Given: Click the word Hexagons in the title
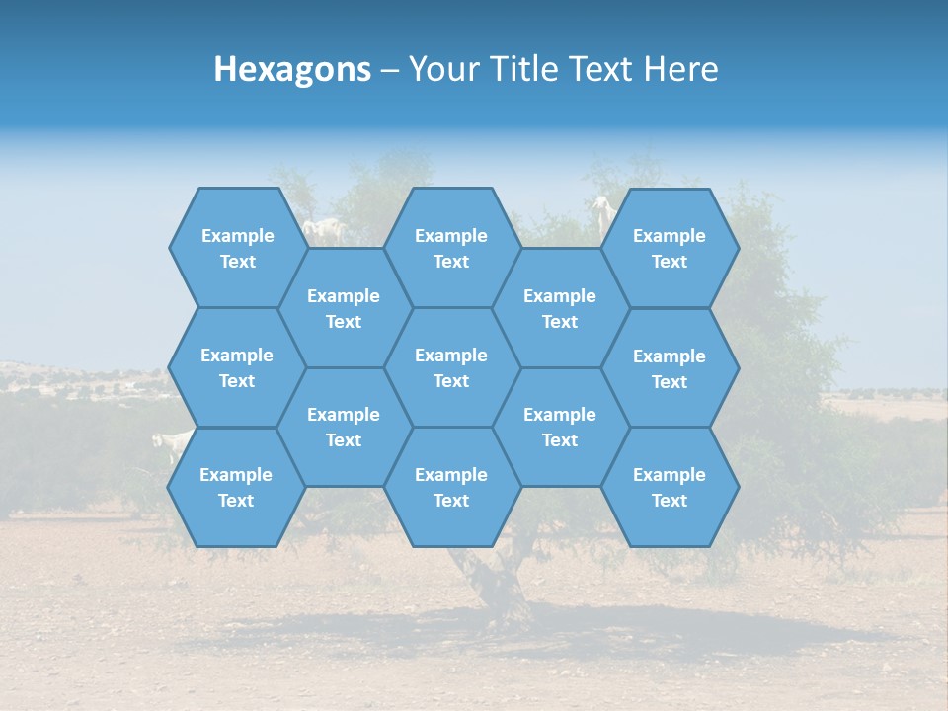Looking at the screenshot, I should [x=292, y=69].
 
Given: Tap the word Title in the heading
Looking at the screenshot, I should [x=521, y=69].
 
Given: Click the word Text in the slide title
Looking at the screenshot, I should [x=601, y=69].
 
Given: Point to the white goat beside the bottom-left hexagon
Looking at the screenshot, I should [x=173, y=444].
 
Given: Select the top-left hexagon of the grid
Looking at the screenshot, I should [x=238, y=248].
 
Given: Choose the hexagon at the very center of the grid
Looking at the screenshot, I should [x=451, y=367].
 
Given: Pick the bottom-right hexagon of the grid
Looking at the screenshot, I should [x=670, y=487].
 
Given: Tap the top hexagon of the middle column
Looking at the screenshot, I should [x=451, y=248].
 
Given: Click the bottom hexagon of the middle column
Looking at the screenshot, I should [x=451, y=487].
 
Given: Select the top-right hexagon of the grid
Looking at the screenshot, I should [x=670, y=248].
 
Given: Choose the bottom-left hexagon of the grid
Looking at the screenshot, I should [x=237, y=487].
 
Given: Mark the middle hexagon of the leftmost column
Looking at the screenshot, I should [x=237, y=367].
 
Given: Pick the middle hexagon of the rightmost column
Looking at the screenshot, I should [x=670, y=368].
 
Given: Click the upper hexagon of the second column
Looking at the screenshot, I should [x=344, y=308].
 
